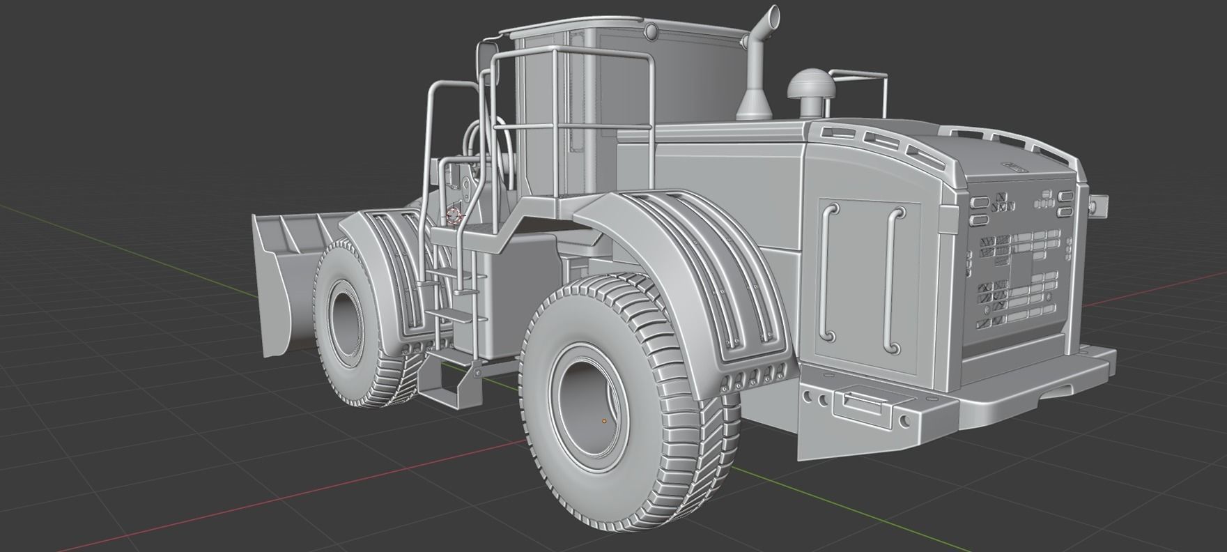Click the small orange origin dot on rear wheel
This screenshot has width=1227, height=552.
point(604,421)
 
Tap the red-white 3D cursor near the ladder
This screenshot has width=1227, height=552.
point(454,215)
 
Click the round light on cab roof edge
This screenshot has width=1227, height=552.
point(651,31)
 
